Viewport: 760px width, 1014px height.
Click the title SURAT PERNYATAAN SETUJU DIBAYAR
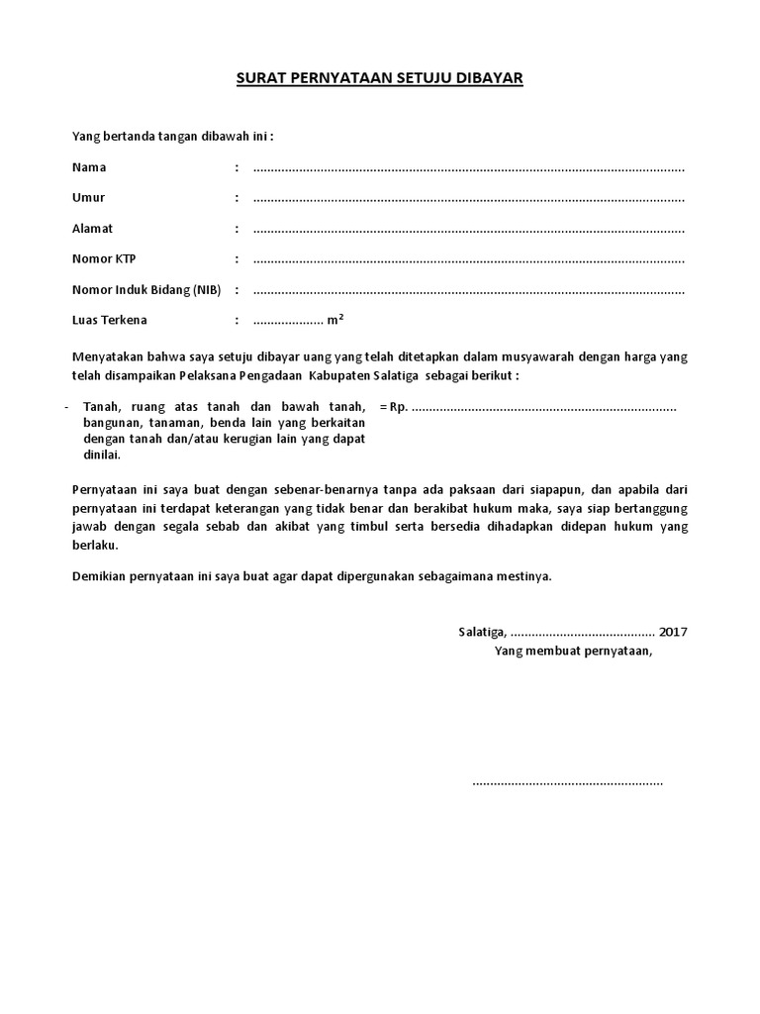(x=379, y=77)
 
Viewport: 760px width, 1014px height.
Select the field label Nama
(x=89, y=167)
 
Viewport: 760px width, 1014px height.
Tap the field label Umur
(x=89, y=198)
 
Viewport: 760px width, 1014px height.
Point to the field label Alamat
(x=93, y=229)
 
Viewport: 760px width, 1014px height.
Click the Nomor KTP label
(x=105, y=259)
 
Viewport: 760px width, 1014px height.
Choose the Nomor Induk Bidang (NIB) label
(x=146, y=290)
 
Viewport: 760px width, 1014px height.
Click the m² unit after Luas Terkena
(x=335, y=320)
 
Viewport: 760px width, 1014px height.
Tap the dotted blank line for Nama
(x=469, y=169)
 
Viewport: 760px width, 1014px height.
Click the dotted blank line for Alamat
(x=469, y=231)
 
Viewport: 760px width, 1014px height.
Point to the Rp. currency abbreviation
(x=399, y=407)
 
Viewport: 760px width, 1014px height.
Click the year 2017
(x=673, y=632)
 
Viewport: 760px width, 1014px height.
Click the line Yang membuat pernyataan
(x=574, y=651)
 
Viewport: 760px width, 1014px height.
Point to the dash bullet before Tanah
(x=64, y=407)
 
